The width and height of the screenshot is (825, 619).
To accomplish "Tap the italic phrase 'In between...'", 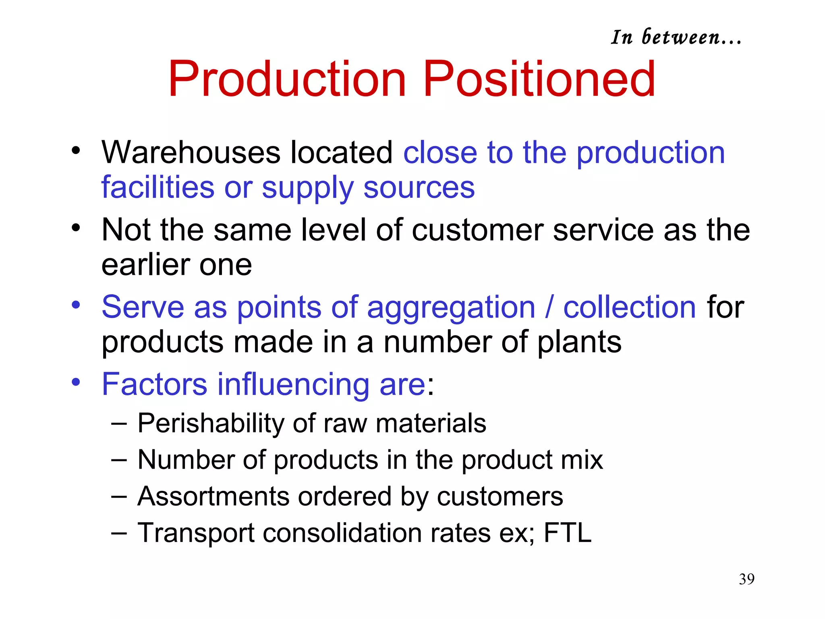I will pos(676,37).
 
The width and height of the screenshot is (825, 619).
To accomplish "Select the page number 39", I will pos(746,579).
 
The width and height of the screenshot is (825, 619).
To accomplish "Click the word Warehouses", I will pos(191,152).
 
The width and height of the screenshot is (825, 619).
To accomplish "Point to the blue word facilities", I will pos(158,187).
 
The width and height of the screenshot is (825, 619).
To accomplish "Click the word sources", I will pos(419,188).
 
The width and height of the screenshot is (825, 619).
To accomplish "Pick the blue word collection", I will pos(629,307).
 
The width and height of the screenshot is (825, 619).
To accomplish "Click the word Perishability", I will pos(211,423).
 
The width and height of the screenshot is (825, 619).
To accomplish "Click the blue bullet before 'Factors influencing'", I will pos(76,382).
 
